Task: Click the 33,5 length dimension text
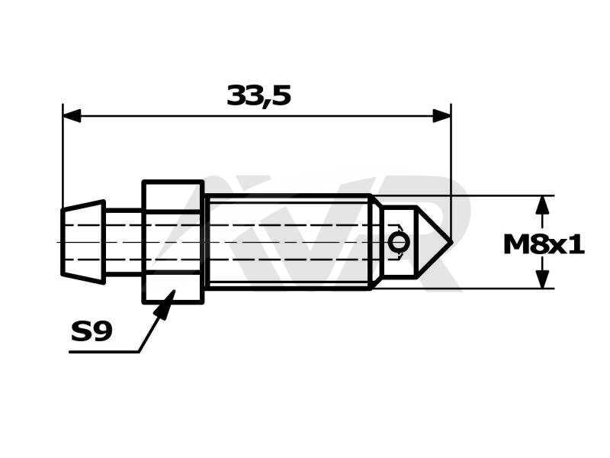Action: pyautogui.click(x=259, y=96)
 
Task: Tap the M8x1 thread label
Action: pyautogui.click(x=544, y=245)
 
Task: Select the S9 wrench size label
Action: pyautogui.click(x=91, y=331)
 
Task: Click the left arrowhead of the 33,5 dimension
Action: pyautogui.click(x=72, y=116)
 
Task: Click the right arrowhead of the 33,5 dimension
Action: pyautogui.click(x=442, y=116)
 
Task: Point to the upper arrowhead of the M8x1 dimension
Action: pyautogui.click(x=542, y=205)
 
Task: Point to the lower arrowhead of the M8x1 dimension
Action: pyautogui.click(x=542, y=279)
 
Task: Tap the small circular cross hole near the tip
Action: pyautogui.click(x=398, y=243)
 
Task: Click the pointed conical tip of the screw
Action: pyautogui.click(x=451, y=242)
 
